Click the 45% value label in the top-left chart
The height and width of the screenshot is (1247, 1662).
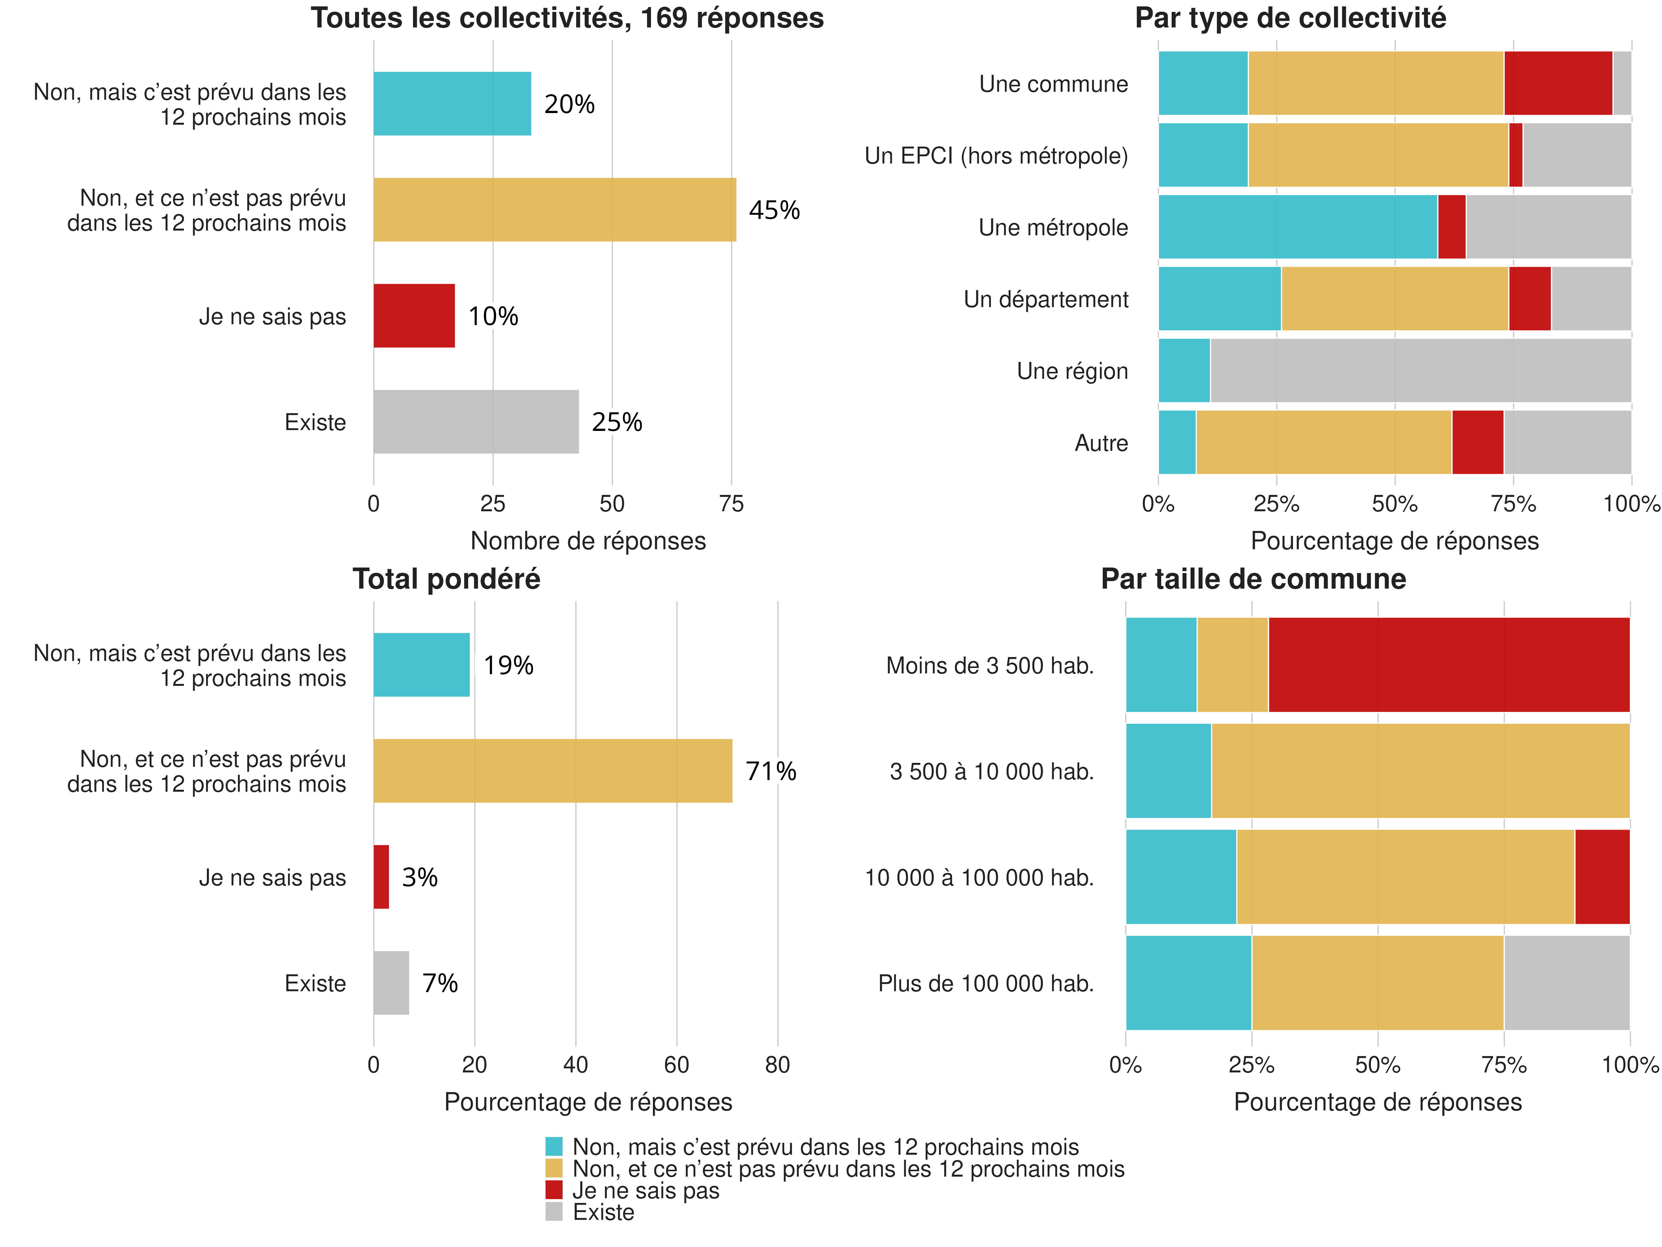774,210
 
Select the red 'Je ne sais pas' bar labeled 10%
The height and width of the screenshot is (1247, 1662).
414,316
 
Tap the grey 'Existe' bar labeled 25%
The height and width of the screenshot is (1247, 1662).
476,422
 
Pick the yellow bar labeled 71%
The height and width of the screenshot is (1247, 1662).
552,770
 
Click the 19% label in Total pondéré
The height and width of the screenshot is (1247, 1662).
508,665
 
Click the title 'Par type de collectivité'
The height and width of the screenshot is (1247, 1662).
1290,18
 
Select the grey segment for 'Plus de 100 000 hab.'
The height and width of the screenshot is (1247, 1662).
1567,982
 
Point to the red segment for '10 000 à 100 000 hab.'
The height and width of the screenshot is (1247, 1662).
1602,877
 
